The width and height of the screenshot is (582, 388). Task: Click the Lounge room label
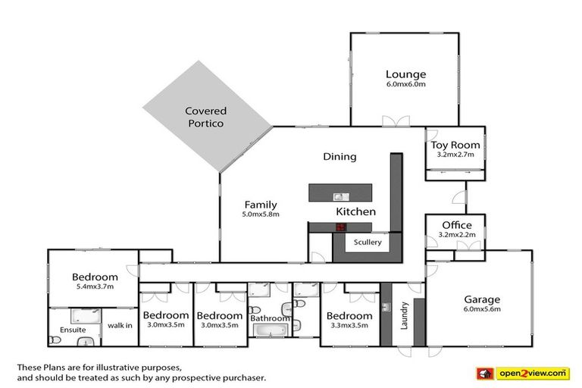pos(405,74)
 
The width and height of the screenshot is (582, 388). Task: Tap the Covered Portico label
pos(205,117)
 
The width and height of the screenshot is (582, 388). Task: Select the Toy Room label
pos(455,145)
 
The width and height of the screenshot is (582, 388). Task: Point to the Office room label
pos(456,225)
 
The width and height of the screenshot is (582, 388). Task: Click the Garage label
pos(482,299)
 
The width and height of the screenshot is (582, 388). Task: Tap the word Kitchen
pos(355,211)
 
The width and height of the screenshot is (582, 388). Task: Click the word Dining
pos(339,157)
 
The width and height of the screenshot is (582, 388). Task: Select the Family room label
pos(260,205)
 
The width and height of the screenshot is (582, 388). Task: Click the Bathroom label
pos(271,318)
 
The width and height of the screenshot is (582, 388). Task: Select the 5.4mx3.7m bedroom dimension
pos(95,287)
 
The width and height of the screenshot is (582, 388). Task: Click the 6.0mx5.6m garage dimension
pos(482,309)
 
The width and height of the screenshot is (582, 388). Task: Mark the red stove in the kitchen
pos(341,227)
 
